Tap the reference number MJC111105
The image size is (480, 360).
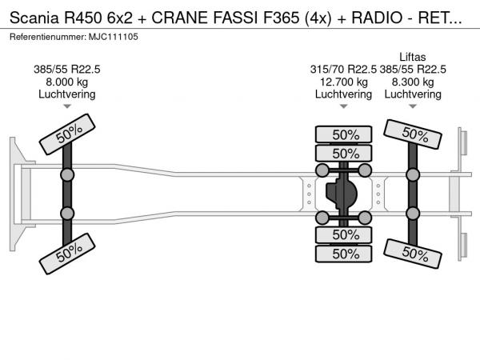[x=112, y=37]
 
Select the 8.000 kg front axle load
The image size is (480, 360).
[x=67, y=82]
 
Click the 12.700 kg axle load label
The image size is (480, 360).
[x=343, y=82]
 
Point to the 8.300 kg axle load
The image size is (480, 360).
[x=413, y=82]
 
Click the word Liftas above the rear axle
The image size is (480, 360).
[x=413, y=57]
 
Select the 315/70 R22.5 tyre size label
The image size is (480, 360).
[x=343, y=70]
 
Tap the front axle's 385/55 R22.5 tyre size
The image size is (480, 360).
[x=67, y=70]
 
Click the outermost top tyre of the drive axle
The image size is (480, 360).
[x=345, y=134]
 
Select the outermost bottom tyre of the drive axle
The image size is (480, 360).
[x=345, y=254]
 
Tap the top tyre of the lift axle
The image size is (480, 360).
[x=413, y=134]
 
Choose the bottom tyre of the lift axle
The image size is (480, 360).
[x=413, y=254]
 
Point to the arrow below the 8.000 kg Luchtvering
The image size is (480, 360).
[x=67, y=106]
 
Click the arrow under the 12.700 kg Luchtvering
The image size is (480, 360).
[x=343, y=106]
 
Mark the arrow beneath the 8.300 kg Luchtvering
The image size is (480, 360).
[x=413, y=106]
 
